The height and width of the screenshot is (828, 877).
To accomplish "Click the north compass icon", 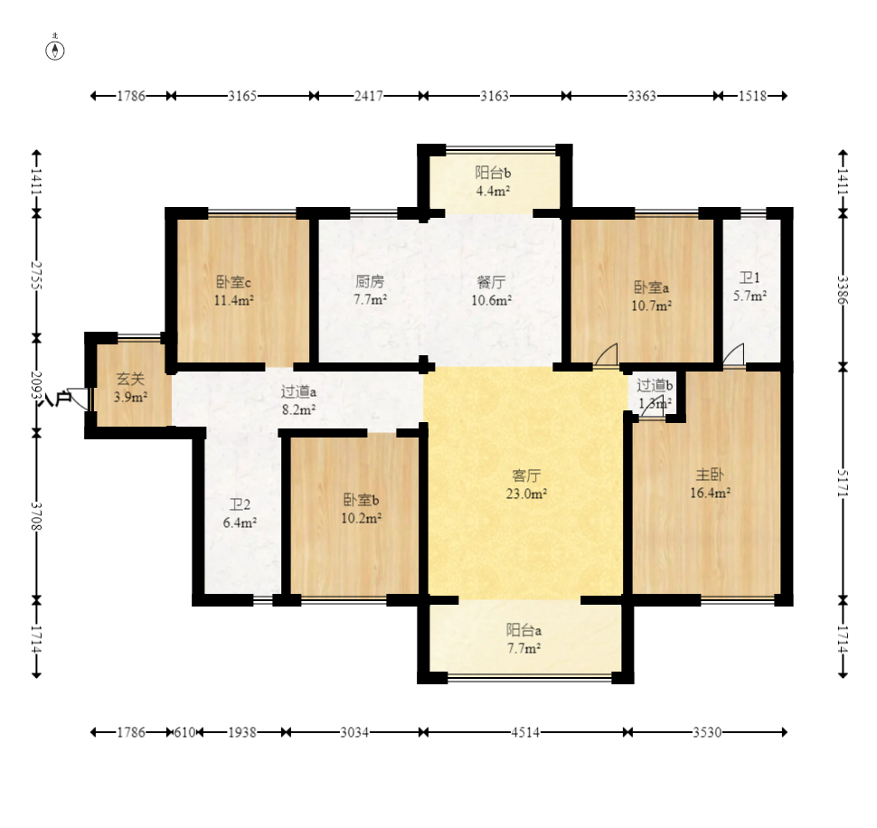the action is (x=55, y=49).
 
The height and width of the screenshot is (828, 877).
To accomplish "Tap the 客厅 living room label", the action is (x=526, y=475).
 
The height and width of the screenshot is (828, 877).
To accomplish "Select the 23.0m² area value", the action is (x=526, y=494).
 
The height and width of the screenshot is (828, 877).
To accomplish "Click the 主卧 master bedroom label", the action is (x=709, y=475).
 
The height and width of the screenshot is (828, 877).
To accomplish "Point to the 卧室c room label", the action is (x=233, y=282).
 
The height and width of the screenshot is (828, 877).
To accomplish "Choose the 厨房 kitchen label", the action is (x=370, y=280).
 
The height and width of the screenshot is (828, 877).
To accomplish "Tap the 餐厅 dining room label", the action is (x=491, y=281).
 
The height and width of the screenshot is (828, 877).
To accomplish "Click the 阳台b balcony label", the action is (x=493, y=173).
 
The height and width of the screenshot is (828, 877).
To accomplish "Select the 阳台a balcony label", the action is (x=523, y=630).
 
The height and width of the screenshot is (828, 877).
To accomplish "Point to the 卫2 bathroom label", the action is (x=240, y=505).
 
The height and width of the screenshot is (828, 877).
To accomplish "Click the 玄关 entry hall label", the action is (x=130, y=379).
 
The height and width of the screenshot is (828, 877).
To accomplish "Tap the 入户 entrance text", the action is (x=57, y=400).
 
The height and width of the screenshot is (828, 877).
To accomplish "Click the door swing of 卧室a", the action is (x=607, y=354).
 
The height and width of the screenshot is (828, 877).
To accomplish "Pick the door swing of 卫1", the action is (x=733, y=354).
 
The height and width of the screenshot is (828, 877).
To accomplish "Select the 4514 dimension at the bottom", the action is (x=525, y=732).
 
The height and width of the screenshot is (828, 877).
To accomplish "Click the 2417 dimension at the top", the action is (x=369, y=96).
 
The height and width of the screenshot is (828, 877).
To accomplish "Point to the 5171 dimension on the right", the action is (x=843, y=483).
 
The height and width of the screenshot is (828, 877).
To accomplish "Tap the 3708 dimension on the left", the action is (x=36, y=516).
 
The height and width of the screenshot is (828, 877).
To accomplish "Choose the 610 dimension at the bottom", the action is (x=184, y=732).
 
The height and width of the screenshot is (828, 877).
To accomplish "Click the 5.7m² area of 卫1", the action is (x=750, y=296).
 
